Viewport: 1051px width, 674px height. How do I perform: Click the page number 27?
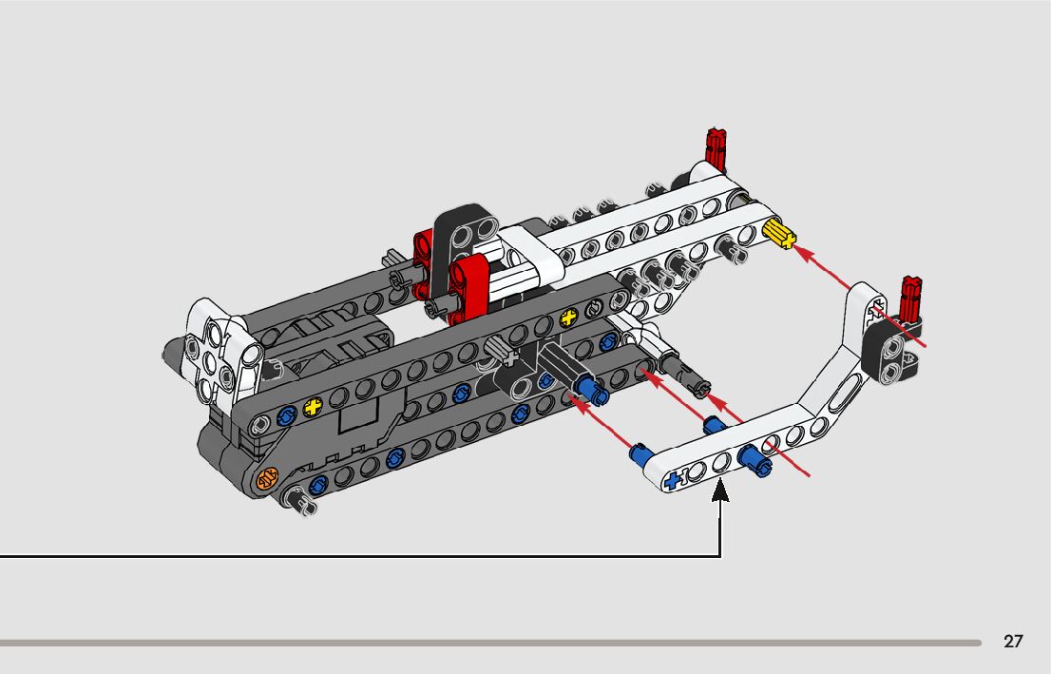coord(1013,642)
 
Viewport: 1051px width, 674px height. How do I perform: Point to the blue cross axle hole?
coord(676,479)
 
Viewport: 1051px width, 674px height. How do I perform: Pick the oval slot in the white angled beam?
coord(845,393)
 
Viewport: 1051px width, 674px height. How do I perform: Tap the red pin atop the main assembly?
coord(716,147)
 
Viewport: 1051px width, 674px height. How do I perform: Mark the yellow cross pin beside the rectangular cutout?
coord(312,409)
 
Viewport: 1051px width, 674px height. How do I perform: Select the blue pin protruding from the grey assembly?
coord(585,388)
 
